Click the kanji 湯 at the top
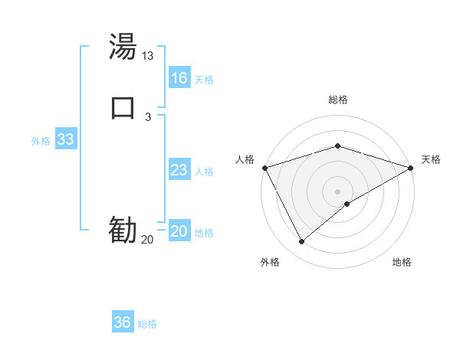click(x=123, y=48)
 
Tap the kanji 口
click(x=123, y=107)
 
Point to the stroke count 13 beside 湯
click(x=148, y=56)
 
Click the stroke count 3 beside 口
click(x=148, y=116)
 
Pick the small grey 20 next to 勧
click(x=147, y=240)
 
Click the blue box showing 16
click(x=179, y=78)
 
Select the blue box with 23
click(x=179, y=170)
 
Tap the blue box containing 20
click(x=179, y=232)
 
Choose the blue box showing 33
click(x=66, y=140)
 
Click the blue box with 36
click(x=122, y=322)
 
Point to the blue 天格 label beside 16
click(x=204, y=80)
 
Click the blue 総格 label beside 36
click(x=147, y=324)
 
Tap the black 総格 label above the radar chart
click(x=337, y=100)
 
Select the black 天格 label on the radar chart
click(x=431, y=159)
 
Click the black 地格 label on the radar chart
click(x=402, y=262)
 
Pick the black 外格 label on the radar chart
click(x=270, y=262)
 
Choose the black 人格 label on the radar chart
click(x=245, y=159)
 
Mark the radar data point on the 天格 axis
click(x=412, y=167)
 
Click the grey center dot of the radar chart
click(x=337, y=191)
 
